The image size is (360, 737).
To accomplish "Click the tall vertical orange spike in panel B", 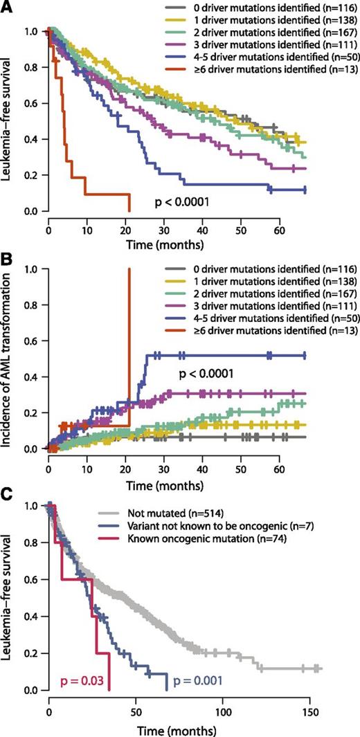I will tap(129, 346).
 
